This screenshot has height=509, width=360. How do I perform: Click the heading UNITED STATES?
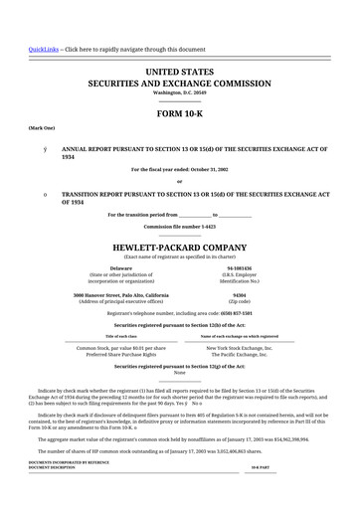(180, 74)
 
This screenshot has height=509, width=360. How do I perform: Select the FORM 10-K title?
(180, 114)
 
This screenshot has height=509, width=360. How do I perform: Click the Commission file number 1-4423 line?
(180, 227)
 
